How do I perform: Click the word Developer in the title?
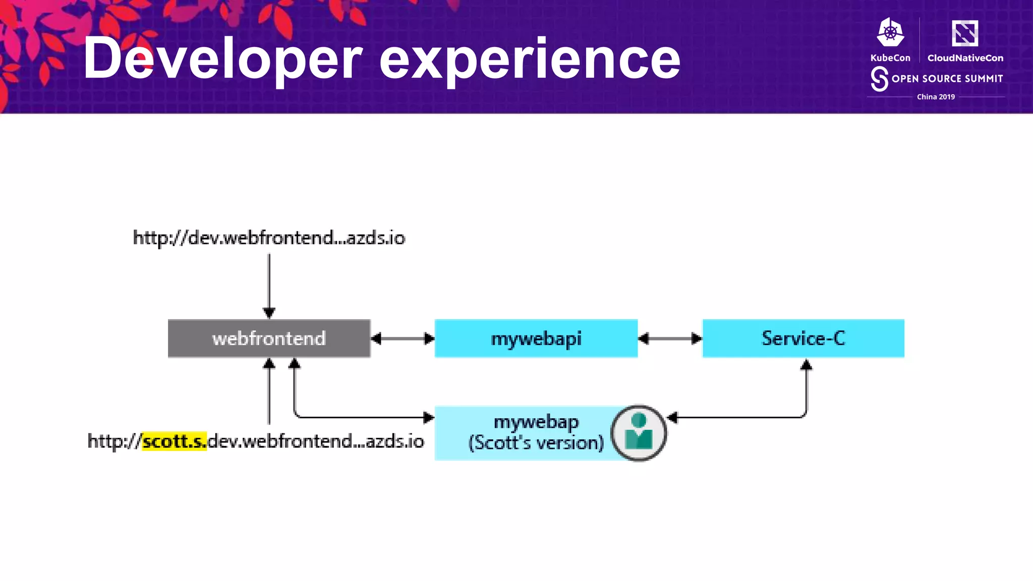point(222,59)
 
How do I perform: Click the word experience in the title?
point(530,59)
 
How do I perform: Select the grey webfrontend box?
point(269,338)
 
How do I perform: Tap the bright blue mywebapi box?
point(536,338)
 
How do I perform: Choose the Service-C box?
point(803,338)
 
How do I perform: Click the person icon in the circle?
point(639,433)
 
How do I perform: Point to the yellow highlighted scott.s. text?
point(175,441)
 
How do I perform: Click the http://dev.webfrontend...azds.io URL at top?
point(269,238)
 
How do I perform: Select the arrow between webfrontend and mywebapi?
point(403,338)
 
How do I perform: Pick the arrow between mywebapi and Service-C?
point(670,338)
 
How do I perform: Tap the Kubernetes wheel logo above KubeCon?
point(890,33)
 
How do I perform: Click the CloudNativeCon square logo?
point(964,33)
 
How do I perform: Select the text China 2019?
point(936,97)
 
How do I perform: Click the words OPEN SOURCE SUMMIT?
point(947,79)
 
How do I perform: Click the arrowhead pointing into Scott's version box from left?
point(429,418)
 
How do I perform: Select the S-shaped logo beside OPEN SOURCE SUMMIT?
point(879,79)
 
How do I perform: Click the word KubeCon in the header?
point(890,58)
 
